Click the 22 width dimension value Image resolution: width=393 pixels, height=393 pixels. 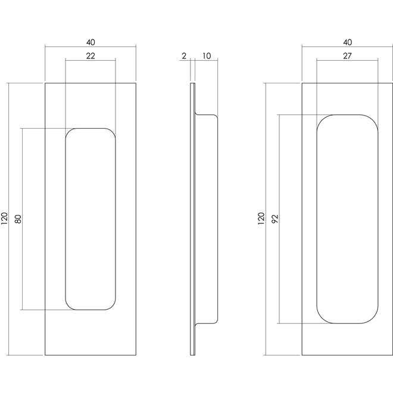91,55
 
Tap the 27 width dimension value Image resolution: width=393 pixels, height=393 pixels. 347,55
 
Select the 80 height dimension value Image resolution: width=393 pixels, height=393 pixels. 18,219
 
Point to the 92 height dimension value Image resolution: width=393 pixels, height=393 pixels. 275,219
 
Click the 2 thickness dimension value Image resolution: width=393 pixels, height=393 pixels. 184,56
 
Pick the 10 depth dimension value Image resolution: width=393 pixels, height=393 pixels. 207,56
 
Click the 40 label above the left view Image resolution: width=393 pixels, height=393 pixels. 91,42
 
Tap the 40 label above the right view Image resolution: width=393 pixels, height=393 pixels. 347,42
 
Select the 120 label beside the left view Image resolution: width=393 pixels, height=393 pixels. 5,219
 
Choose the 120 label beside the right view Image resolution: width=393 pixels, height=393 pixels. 261,219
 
